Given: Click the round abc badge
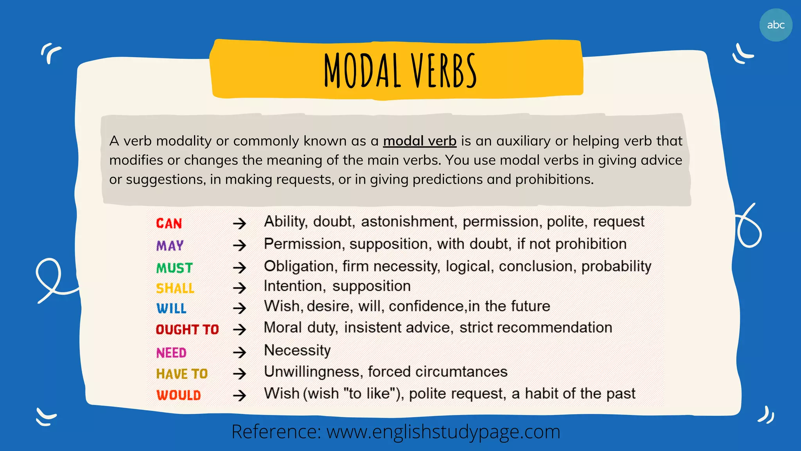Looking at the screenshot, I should click(776, 25).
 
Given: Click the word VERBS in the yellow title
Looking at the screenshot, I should click(444, 71).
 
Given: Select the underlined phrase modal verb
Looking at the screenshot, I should click(420, 141).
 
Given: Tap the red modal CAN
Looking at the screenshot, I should click(169, 224).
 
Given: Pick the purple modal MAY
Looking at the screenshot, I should click(170, 246).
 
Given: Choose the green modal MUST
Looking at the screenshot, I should click(174, 268).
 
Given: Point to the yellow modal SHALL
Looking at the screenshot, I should click(175, 289).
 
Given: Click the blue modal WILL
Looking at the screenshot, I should click(171, 308).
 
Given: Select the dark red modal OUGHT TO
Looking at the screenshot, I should click(187, 330).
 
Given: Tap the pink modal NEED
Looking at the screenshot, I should click(171, 353).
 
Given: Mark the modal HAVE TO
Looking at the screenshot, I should click(182, 374).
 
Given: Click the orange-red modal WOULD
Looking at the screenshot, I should click(179, 395).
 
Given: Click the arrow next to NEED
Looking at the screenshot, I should click(239, 353).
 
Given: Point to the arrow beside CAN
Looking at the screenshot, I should click(239, 224).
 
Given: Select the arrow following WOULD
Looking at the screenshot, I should click(239, 395).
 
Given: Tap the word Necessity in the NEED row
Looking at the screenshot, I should click(297, 350).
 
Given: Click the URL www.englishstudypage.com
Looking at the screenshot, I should click(443, 432).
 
